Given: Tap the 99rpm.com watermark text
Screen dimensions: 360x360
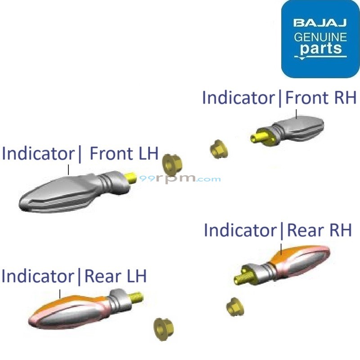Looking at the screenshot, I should click(180, 178).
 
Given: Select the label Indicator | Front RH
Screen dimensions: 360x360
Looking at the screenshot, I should click(279, 98).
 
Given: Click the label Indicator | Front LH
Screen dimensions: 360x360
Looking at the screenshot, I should click(80, 154).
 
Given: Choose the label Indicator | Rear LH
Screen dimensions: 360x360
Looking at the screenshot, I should click(74, 276).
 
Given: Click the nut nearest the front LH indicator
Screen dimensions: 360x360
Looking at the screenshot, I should click(170, 164).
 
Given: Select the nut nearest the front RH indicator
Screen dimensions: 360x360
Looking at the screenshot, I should click(219, 149).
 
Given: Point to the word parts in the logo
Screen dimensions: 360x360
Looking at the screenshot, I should click(321, 48).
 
